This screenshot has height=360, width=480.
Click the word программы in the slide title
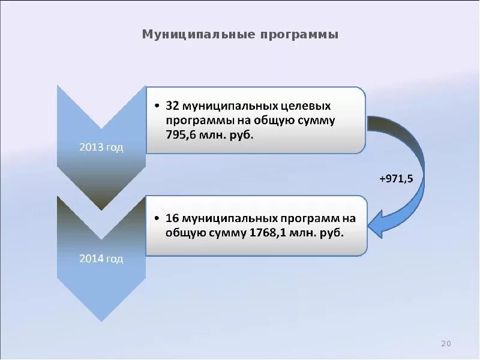pyautogui.click(x=299, y=34)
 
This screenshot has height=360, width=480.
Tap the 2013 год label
pyautogui.click(x=101, y=148)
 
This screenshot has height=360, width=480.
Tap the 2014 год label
pyautogui.click(x=101, y=259)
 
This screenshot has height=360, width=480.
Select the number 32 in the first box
pyautogui.click(x=173, y=106)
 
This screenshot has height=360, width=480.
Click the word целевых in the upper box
pyautogui.click(x=307, y=106)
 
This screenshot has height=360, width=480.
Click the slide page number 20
pyautogui.click(x=445, y=343)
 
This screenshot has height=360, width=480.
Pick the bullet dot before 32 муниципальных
pyautogui.click(x=157, y=107)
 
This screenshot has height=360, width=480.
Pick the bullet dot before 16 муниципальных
pyautogui.click(x=157, y=218)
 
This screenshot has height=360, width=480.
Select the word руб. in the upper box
pyautogui.click(x=241, y=135)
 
